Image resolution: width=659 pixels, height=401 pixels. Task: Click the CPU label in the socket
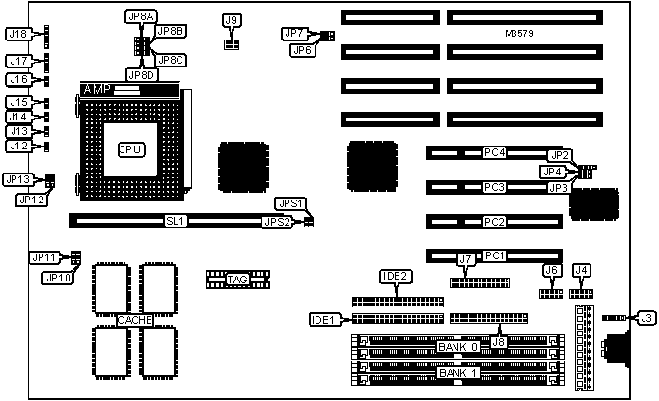coord(129,149)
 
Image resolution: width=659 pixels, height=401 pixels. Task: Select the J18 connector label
coord(17,34)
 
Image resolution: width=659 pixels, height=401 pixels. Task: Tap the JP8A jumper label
coord(139,17)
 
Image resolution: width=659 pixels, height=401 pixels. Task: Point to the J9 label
coord(231,19)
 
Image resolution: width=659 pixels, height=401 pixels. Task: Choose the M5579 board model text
coord(519,34)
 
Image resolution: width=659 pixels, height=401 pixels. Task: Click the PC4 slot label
coord(494,152)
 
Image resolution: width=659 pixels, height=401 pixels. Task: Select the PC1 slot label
coord(494,255)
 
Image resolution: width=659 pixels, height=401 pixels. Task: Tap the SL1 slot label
coord(176,221)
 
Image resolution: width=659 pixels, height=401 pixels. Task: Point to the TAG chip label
coord(237,280)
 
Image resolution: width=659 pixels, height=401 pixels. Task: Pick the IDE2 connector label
coord(395,277)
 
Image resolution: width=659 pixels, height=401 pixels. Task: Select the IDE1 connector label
coord(322,319)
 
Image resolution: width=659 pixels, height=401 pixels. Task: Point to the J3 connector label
coord(645,317)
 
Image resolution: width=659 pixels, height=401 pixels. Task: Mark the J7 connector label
coord(466,258)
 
